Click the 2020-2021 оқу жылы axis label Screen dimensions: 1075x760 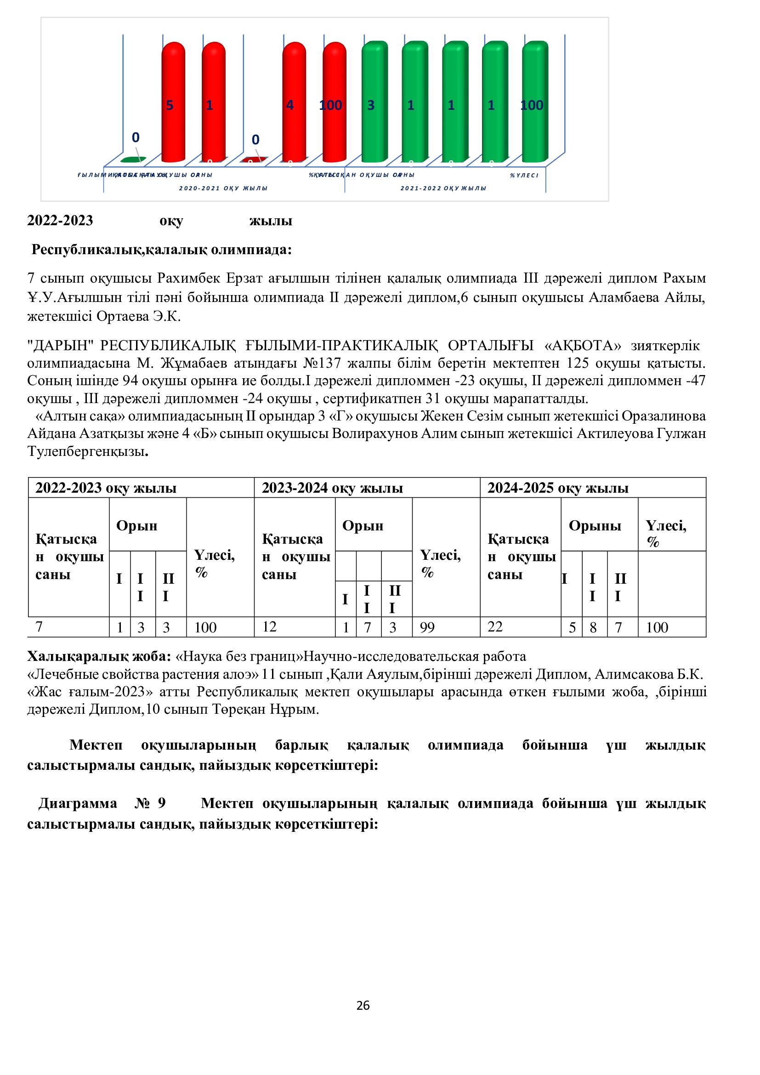point(223,188)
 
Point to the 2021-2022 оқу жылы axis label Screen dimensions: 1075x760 point(443,188)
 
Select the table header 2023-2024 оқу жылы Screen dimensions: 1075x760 point(332,488)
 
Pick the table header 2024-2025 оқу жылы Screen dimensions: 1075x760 point(558,488)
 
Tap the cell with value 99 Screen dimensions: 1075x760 point(427,628)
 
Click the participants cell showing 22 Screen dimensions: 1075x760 point(495,627)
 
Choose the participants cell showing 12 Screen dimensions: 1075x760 point(270,627)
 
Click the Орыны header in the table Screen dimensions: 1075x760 point(594,525)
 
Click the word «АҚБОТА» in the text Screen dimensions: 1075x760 point(583,346)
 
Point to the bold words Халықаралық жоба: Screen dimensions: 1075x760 point(99,656)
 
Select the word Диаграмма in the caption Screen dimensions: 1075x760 point(78,803)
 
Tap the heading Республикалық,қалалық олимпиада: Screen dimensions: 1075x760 point(161,250)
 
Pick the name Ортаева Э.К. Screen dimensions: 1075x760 point(138,317)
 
